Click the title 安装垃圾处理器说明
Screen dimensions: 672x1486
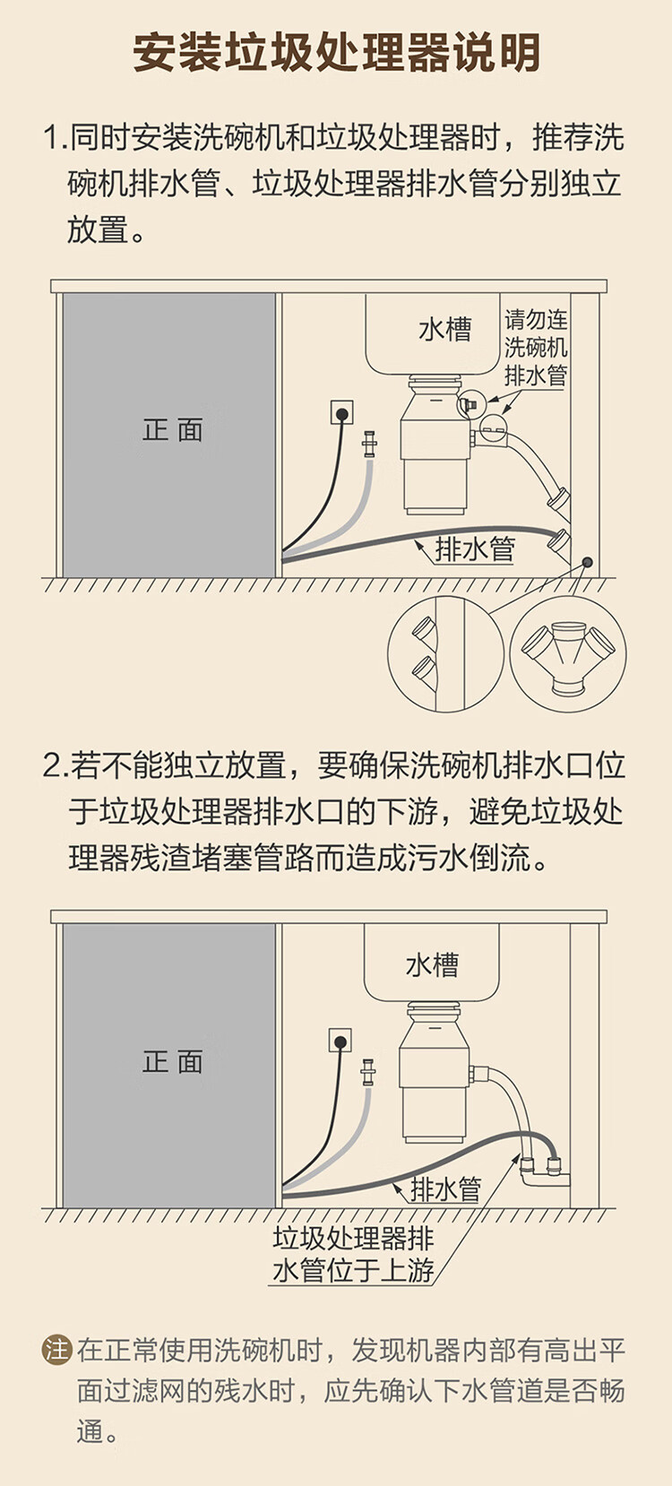point(336,52)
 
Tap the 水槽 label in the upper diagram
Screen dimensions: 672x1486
point(445,329)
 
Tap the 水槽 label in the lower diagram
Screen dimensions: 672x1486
point(432,964)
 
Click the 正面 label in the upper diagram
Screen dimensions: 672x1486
point(172,429)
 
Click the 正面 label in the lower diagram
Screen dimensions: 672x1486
point(172,1061)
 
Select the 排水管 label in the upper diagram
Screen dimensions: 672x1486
point(475,549)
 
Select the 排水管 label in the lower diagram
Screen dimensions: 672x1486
point(446,1188)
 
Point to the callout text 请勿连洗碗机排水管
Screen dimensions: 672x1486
point(536,348)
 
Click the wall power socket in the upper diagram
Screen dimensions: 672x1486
point(341,412)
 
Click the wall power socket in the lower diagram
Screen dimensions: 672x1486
point(340,1041)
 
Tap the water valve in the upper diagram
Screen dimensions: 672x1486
point(369,444)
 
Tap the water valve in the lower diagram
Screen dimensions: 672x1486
point(366,1072)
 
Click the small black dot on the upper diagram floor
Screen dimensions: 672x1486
point(587,563)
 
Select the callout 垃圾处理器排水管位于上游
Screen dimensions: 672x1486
point(353,1255)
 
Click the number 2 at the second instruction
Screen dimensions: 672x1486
point(52,765)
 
